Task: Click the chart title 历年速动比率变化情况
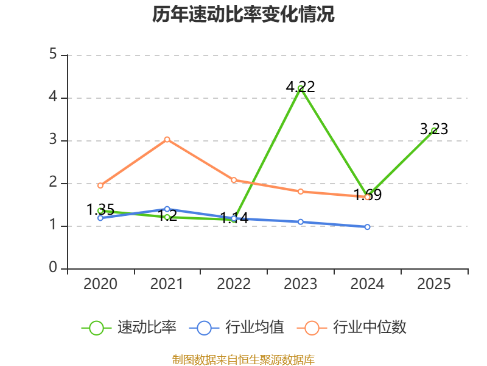coord(243,15)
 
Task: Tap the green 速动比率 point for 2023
coord(301,88)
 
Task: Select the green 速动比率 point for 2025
coord(434,131)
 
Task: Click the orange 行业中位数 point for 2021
coord(167,139)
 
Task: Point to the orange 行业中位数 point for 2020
coord(100,185)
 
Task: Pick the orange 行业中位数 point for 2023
coord(301,192)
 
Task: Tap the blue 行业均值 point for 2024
coord(367,227)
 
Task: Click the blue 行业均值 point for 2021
coord(167,209)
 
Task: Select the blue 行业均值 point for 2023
coord(301,221)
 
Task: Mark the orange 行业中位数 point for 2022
coord(234,180)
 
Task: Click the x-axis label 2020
coord(100,284)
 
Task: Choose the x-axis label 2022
coord(234,284)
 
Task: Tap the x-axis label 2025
coord(434,284)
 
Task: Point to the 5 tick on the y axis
coord(53,55)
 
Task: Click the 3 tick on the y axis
coord(53,140)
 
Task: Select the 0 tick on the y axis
coord(53,268)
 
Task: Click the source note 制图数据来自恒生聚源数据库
coord(243,359)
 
